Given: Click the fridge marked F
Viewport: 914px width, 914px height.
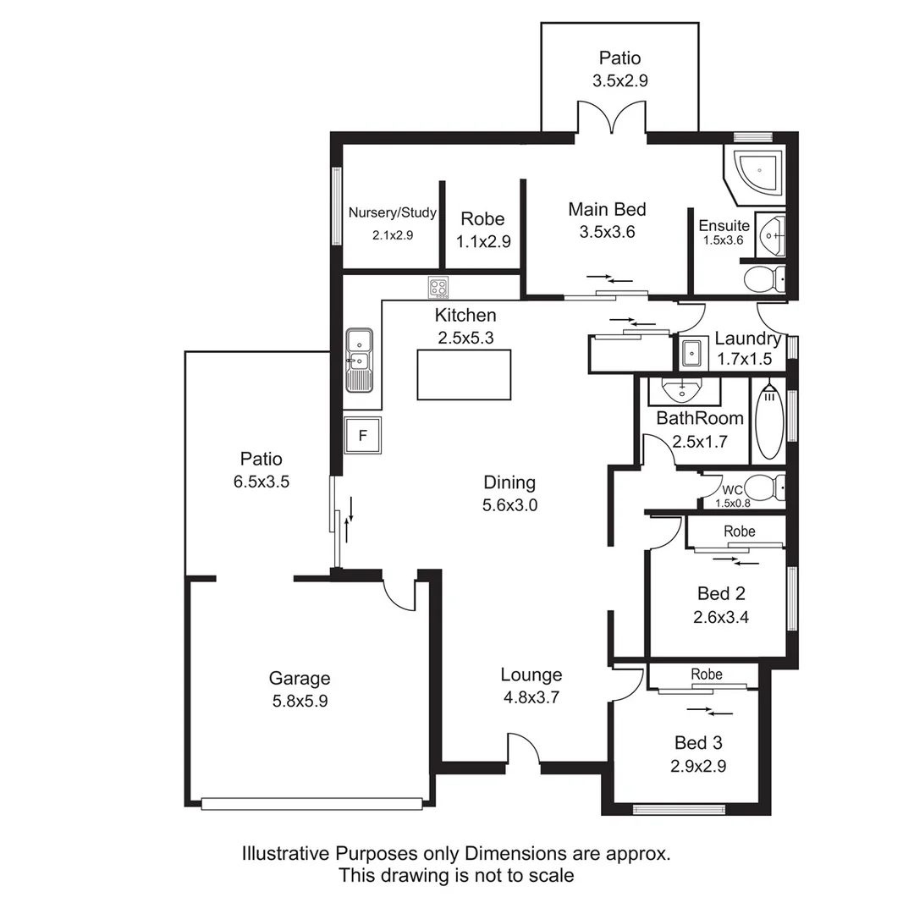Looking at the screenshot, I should click(362, 436).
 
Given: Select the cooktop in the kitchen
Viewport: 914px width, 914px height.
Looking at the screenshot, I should click(438, 288).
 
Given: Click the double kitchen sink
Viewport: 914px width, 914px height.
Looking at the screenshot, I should click(360, 361).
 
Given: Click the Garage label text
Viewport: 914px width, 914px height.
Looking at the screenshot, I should click(300, 678).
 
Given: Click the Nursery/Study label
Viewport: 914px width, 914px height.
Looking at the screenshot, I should click(393, 213).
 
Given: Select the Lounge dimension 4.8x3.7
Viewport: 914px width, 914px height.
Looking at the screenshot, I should click(531, 698).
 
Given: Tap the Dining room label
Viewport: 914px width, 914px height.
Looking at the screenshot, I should click(509, 482).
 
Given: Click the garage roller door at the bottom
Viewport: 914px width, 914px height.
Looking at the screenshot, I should click(311, 804).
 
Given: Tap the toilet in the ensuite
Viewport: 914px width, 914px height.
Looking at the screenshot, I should click(763, 277).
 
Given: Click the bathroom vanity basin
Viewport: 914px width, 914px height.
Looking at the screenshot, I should click(683, 391).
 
